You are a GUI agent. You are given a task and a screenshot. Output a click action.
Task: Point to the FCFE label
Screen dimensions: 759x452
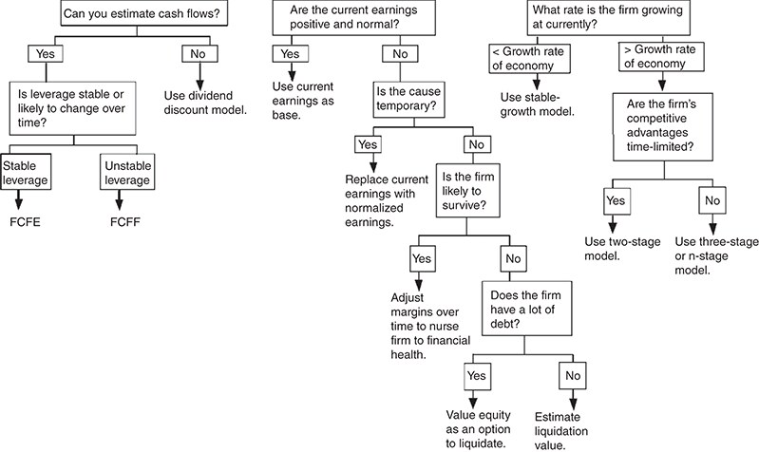pyautogui.click(x=25, y=222)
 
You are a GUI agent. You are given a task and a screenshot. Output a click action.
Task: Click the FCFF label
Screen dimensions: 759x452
pyautogui.click(x=125, y=222)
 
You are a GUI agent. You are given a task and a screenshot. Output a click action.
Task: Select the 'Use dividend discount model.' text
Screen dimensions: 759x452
pyautogui.click(x=205, y=103)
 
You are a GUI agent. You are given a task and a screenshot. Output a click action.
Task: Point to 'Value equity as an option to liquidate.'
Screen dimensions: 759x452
pyautogui.click(x=478, y=429)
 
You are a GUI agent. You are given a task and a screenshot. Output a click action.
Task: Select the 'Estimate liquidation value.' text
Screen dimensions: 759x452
pyautogui.click(x=561, y=431)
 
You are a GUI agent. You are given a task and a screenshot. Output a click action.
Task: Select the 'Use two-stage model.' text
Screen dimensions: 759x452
pyautogui.click(x=622, y=249)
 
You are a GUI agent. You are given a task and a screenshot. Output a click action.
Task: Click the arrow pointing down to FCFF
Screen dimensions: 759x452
pyautogui.click(x=119, y=199)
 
